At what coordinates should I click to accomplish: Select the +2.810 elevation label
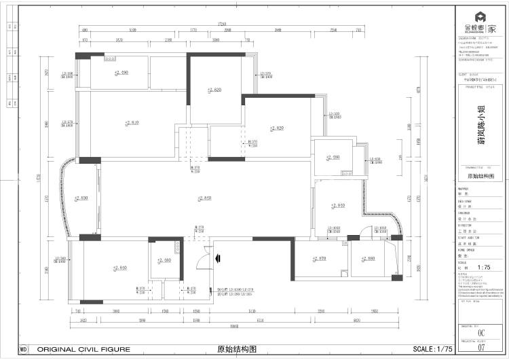132,123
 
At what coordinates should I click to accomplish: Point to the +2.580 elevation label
164,260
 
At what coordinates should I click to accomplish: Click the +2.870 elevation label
319,259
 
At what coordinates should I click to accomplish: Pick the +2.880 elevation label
369,259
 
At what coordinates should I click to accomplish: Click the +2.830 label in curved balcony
81,198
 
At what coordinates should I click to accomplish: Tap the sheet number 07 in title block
483,348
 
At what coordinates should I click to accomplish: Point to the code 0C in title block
482,333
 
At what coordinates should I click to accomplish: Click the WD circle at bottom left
24,349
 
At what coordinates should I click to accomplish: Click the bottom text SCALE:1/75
432,349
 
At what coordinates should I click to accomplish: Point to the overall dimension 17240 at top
222,24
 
